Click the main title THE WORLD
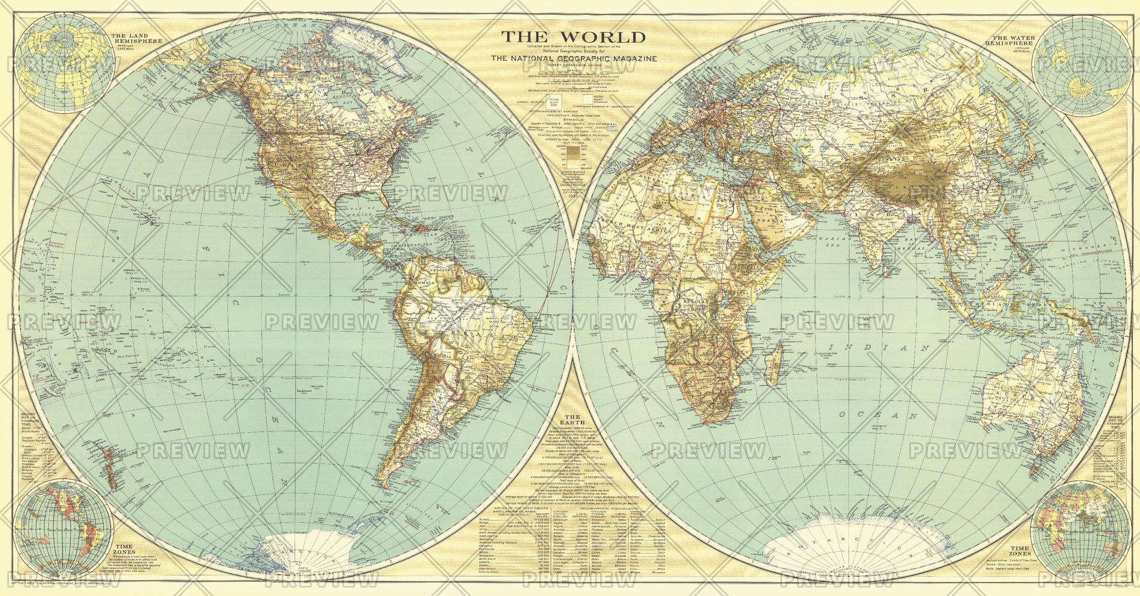tap(573, 38)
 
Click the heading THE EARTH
tap(572, 421)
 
